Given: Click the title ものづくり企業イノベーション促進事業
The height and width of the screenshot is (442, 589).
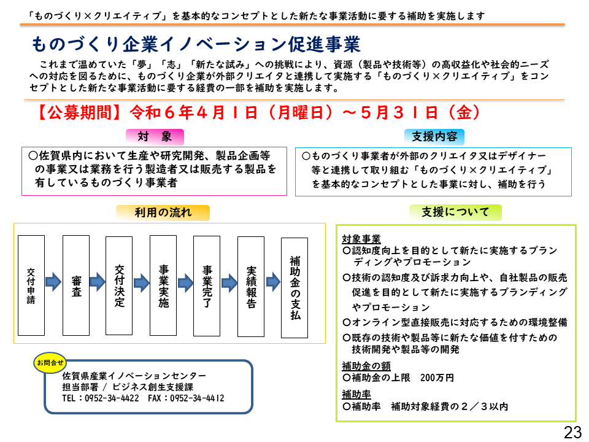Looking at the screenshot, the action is tap(196, 44).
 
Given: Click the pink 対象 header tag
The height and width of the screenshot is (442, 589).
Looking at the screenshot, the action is tap(155, 137).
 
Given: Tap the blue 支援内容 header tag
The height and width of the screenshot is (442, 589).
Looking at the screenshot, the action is tap(434, 137).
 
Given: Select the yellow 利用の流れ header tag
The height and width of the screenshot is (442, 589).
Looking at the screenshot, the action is tap(163, 213).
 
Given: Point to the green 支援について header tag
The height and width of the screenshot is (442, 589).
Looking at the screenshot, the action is tap(455, 212).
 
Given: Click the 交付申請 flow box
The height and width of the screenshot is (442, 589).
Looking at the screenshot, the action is tap(31, 285).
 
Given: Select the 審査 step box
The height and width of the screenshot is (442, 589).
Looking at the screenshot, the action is tap(76, 285).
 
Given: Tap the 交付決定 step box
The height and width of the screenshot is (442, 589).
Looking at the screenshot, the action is tap(119, 285).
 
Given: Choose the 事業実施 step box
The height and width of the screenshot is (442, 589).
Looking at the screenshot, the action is tap(163, 285).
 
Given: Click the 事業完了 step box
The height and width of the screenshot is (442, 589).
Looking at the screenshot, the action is tap(207, 286).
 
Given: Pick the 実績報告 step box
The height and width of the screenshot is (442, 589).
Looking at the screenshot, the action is tap(251, 287).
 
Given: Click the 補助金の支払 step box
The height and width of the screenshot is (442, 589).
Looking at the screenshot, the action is tap(294, 288).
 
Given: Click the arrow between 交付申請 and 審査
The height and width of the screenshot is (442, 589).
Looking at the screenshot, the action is tap(53, 282).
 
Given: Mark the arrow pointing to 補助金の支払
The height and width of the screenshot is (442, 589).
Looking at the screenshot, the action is tap(273, 282).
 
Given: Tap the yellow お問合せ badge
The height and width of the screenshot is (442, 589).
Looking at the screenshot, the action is tap(50, 363).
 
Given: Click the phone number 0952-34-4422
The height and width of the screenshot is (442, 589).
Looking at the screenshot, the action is tap(112, 398).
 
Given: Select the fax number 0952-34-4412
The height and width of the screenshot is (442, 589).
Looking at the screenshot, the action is tap(197, 398).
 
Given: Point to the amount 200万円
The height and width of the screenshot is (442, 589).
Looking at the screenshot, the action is tap(437, 378).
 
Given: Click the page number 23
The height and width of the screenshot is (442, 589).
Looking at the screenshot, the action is tap(572, 432).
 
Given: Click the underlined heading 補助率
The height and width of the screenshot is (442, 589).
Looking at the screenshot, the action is tap(356, 394).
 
